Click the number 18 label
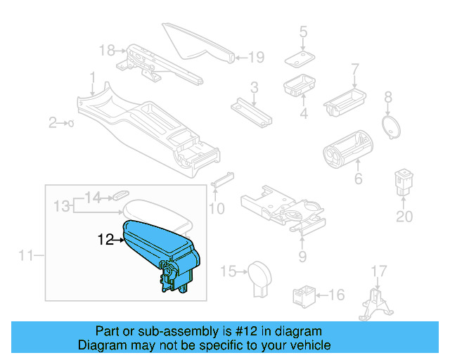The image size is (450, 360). pyautogui.click(x=107, y=50)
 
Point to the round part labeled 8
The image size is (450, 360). pyautogui.click(x=389, y=126)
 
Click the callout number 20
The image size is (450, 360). pyautogui.click(x=404, y=217)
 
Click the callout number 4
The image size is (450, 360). pyautogui.click(x=304, y=113)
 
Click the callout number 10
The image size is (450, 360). pyautogui.click(x=217, y=208)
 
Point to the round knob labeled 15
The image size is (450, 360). pyautogui.click(x=260, y=273)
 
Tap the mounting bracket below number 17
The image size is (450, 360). pyautogui.click(x=376, y=310)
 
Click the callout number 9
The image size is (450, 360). pyautogui.click(x=302, y=257)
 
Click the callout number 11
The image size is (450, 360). pyautogui.click(x=26, y=255)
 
